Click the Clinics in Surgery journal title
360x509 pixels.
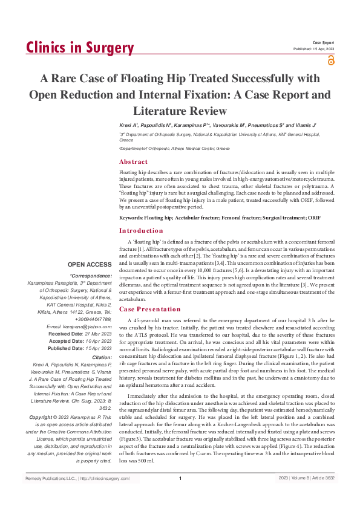click(80, 48)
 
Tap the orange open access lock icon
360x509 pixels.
click(330, 60)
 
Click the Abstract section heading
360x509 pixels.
click(133, 162)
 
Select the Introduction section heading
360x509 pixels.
click(141, 230)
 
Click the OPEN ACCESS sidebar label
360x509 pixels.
click(90, 265)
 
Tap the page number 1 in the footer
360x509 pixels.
click(180, 496)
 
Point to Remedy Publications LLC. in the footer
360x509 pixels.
click(50, 496)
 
